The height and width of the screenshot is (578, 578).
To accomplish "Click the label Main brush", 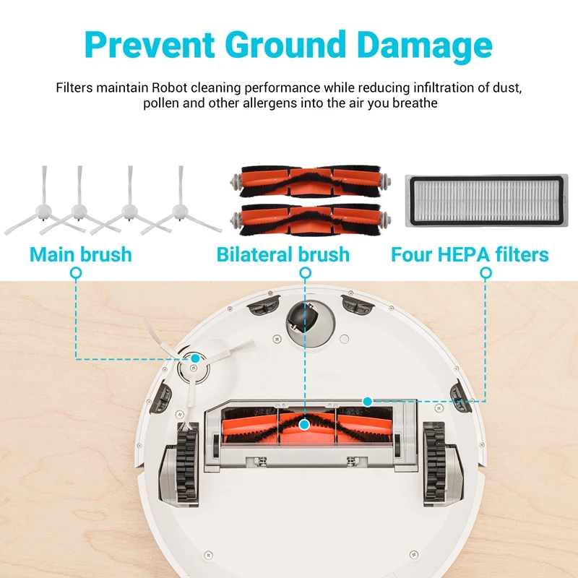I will click(x=80, y=254).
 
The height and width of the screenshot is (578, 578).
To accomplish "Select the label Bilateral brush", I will click(x=282, y=254).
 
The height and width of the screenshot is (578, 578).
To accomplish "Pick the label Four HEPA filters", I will click(x=470, y=254).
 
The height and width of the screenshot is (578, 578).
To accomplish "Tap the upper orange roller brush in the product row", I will click(x=309, y=181).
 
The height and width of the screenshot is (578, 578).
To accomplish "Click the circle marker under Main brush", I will click(x=76, y=273).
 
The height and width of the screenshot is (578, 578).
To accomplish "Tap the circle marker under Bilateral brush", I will click(x=306, y=273).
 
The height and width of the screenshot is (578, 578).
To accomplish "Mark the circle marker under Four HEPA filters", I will click(x=486, y=273).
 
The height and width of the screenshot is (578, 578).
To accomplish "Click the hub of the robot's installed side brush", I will click(x=194, y=366).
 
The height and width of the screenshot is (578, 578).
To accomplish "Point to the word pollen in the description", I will click(x=162, y=103).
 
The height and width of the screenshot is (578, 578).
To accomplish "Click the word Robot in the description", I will click(x=172, y=88).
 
